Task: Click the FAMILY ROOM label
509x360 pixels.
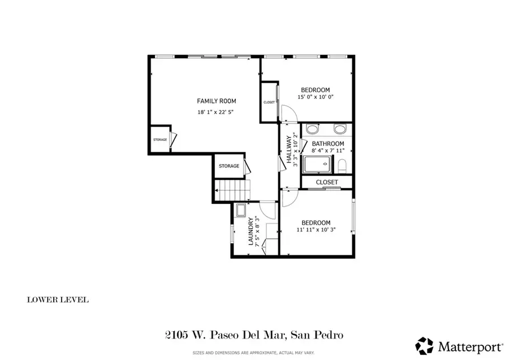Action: click(216, 101)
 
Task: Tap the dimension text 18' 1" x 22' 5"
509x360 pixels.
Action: click(215, 112)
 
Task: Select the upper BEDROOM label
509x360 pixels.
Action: click(316, 90)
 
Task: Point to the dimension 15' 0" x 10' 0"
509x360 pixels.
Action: click(316, 97)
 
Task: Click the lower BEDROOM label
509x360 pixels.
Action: click(316, 223)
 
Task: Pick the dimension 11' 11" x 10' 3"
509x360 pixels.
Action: click(316, 230)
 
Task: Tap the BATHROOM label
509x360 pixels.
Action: click(328, 144)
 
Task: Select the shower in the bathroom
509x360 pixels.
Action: click(317, 164)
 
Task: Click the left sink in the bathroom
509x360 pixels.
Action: click(312, 128)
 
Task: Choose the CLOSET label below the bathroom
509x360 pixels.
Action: click(327, 182)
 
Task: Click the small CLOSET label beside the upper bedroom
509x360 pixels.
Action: click(269, 102)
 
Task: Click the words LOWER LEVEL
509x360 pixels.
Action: click(58, 299)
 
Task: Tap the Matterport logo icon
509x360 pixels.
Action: click(424, 345)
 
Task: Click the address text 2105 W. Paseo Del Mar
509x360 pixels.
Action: click(223, 335)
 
